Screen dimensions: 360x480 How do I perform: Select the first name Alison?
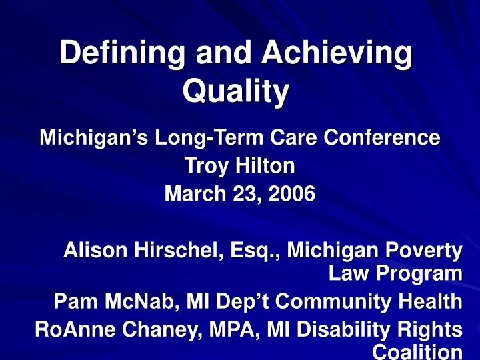click(93, 253)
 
